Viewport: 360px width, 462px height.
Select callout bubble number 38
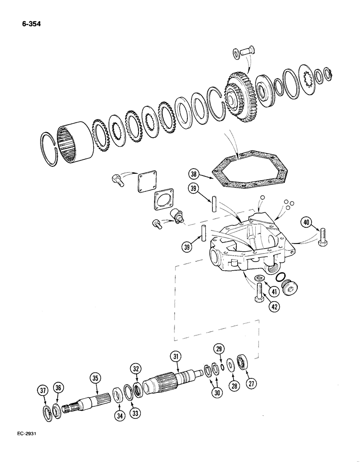click(193, 174)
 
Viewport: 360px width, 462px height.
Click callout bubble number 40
click(306, 223)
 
